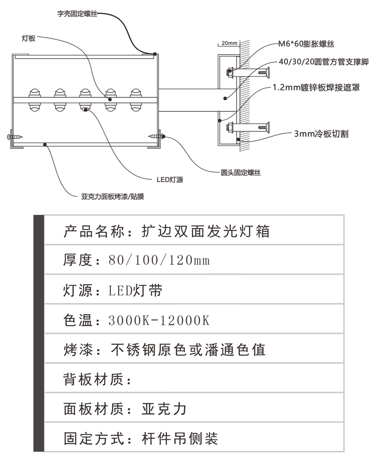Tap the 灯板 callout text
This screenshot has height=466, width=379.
[28, 39]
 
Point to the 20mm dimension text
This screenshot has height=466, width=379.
[229, 43]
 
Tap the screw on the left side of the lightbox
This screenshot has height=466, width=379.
[14, 137]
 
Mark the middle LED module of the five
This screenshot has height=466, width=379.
[85, 99]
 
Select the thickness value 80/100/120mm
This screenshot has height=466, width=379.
[158, 260]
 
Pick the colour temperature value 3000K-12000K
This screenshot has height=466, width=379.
[159, 320]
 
